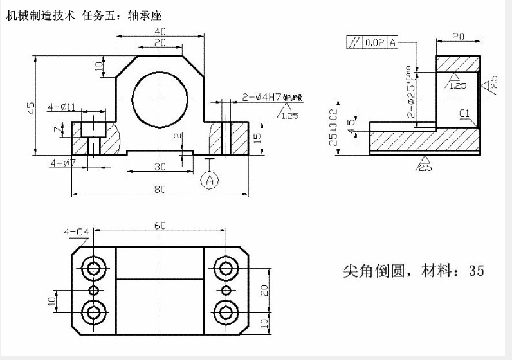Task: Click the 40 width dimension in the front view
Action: coord(160,31)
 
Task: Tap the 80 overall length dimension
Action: coord(160,188)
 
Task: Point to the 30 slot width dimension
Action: coord(160,166)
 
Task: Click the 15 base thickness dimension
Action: coord(257,138)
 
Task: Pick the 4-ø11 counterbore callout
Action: coord(62,106)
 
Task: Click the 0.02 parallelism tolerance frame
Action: coord(373,43)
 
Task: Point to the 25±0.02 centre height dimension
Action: coord(333,127)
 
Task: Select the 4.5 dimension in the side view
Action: coord(351,123)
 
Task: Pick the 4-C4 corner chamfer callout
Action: coord(75,231)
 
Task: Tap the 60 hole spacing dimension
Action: coord(160,225)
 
